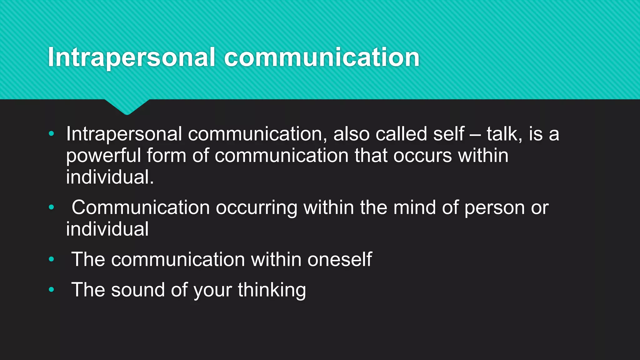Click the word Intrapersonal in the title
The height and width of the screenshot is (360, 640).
pos(132,57)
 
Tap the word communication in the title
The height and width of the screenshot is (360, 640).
pos(322,57)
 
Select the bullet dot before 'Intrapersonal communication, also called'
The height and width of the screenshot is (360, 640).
pos(52,134)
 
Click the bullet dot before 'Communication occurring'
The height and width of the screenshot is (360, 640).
pos(52,207)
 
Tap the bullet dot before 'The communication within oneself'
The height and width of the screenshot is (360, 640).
pos(52,259)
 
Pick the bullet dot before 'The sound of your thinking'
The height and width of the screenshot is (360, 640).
pos(52,289)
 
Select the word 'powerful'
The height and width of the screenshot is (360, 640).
pos(103,156)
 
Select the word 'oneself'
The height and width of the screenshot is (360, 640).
pos(340,259)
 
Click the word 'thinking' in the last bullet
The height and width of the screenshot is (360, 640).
pos(272,290)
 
